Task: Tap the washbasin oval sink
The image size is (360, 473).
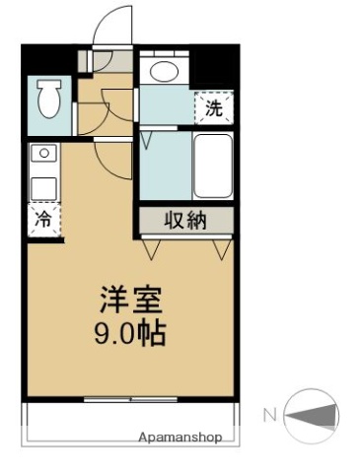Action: point(160,70)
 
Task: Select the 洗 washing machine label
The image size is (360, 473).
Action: point(214,108)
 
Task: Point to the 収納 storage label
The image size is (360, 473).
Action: point(185,221)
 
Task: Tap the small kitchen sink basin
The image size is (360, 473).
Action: point(44,155)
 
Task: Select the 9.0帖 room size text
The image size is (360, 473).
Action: point(130,332)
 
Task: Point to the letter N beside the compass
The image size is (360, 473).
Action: point(269,415)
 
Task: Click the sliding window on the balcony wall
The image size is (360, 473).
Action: point(129,400)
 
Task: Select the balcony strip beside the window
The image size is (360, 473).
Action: point(129,422)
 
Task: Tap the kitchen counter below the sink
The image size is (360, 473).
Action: point(44,187)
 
